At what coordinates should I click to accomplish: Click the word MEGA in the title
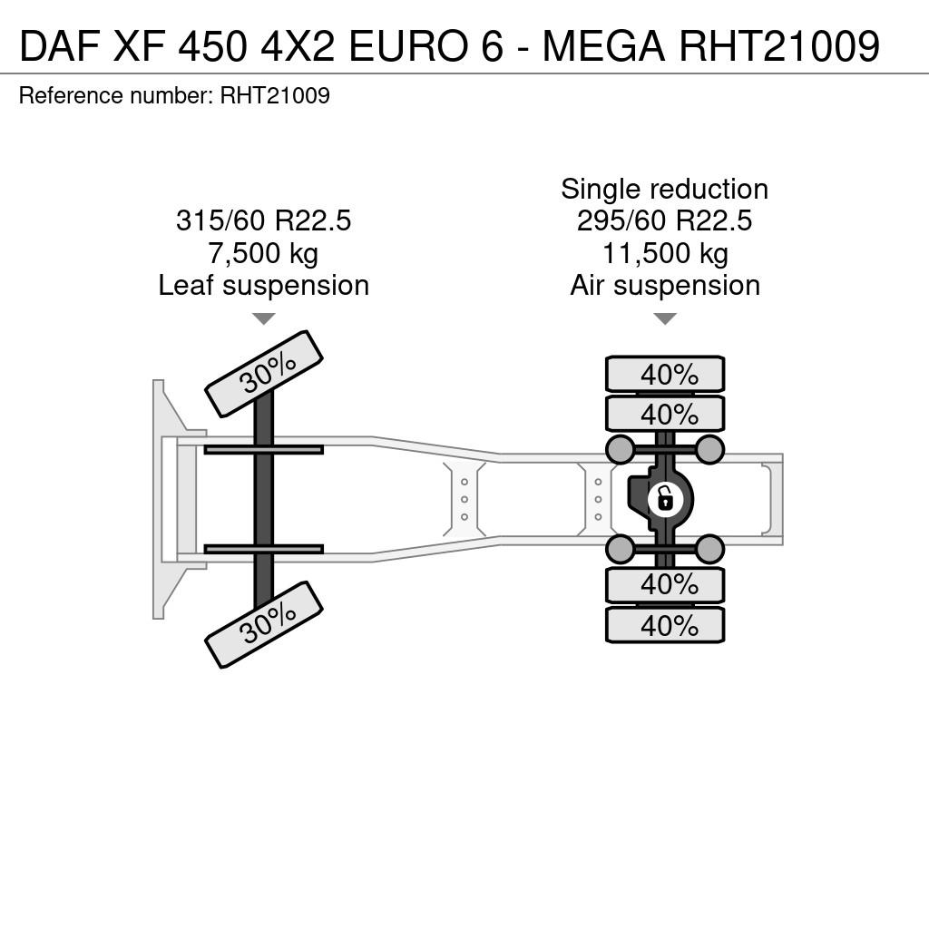(x=603, y=46)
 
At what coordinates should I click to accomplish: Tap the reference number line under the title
(x=174, y=95)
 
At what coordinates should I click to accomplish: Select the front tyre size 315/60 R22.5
(x=264, y=220)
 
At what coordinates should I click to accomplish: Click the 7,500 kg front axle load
(x=264, y=253)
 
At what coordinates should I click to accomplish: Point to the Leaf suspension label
(x=264, y=286)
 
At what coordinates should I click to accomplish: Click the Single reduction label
(x=665, y=190)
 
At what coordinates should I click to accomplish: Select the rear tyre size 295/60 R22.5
(x=665, y=220)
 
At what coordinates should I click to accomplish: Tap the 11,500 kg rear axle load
(x=665, y=253)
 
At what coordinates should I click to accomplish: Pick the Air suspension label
(x=665, y=286)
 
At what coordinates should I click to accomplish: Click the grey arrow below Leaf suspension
(x=264, y=318)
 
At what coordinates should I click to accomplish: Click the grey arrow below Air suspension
(x=665, y=318)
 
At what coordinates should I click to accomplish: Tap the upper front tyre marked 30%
(x=264, y=374)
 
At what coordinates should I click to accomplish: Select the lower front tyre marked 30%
(x=264, y=624)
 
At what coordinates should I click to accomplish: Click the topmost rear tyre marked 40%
(x=665, y=375)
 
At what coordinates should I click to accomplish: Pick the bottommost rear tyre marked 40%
(x=665, y=625)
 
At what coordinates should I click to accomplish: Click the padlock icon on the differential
(x=666, y=500)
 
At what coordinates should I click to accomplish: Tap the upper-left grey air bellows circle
(x=621, y=450)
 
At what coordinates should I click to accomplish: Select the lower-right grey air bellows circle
(x=709, y=550)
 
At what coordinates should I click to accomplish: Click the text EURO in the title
(x=425, y=46)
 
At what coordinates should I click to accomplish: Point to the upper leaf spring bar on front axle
(x=264, y=450)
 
